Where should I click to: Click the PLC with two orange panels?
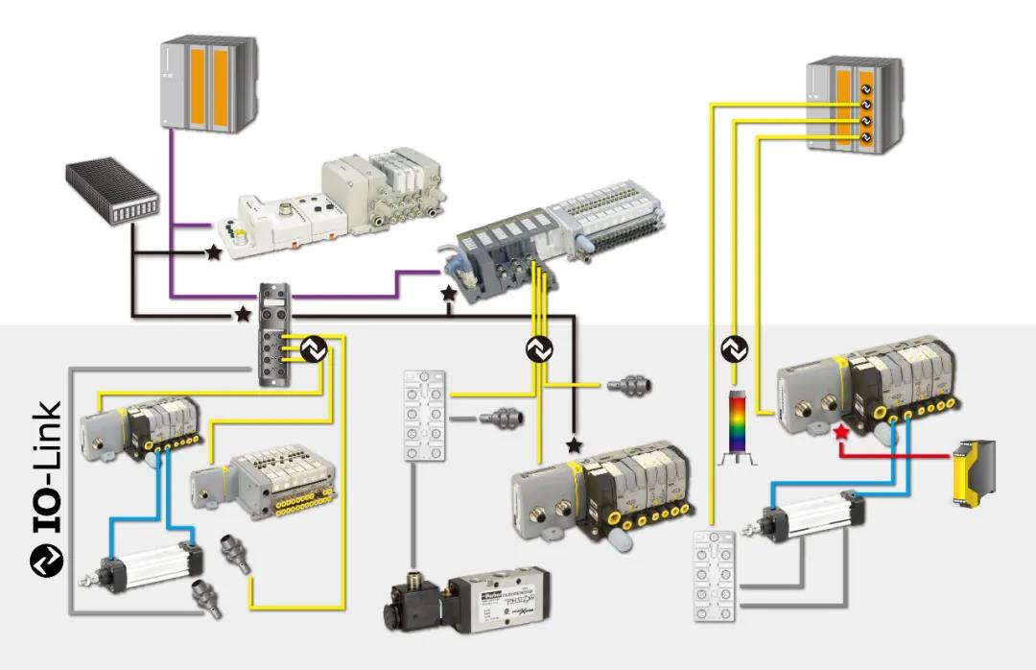pyautogui.click(x=208, y=84)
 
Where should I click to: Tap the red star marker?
pyautogui.click(x=841, y=433)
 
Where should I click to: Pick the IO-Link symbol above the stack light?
pyautogui.click(x=735, y=349)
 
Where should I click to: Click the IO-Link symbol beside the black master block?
pyautogui.click(x=314, y=350)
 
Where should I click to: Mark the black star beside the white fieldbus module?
pyautogui.click(x=212, y=252)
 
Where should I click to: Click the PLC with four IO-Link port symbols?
pyautogui.click(x=853, y=104)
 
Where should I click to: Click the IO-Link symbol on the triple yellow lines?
pyautogui.click(x=539, y=349)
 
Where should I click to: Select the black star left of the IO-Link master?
pyautogui.click(x=243, y=314)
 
